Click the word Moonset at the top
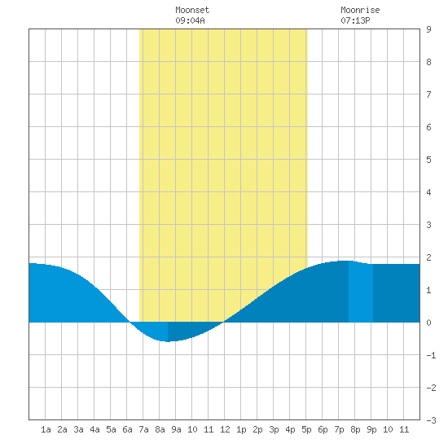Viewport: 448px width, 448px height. point(192,10)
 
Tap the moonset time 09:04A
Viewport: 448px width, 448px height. point(190,20)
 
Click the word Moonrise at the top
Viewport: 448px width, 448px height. point(360,10)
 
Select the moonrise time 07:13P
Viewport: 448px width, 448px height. point(355,20)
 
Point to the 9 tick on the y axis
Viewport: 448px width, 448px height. point(428,29)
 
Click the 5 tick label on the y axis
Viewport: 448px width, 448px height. point(428,160)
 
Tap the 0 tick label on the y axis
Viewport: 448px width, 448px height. point(428,323)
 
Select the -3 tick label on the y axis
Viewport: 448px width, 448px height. point(431,420)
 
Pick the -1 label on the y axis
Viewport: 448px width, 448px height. point(431,355)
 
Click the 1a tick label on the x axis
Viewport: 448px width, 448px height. point(46,429)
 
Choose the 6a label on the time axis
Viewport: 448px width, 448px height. point(127,429)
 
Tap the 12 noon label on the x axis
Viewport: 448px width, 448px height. point(225,429)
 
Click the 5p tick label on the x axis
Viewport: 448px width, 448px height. point(306,429)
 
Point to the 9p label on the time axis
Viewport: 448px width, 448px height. point(371,429)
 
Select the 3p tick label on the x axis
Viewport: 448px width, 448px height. point(274,429)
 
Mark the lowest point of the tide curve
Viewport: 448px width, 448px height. point(168,341)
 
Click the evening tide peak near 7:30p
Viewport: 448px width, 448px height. point(345,261)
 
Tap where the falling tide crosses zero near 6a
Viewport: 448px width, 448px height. point(130,323)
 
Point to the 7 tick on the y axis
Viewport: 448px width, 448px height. point(428,94)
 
